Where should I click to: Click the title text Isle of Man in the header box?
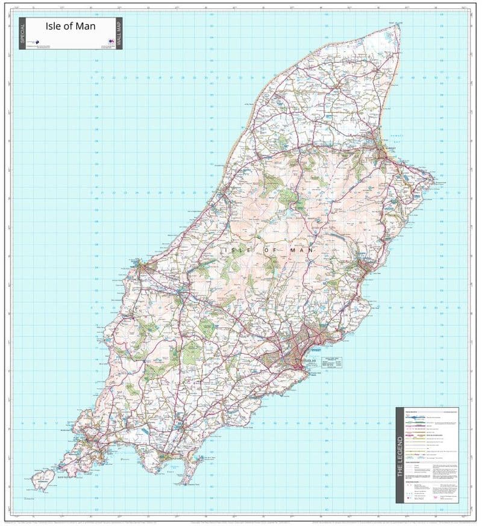tap(70, 27)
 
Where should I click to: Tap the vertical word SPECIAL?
tap(23, 33)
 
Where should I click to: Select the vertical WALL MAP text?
tap(119, 33)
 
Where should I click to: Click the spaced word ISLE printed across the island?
tap(236, 249)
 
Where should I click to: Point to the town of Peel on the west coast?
tap(140, 265)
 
